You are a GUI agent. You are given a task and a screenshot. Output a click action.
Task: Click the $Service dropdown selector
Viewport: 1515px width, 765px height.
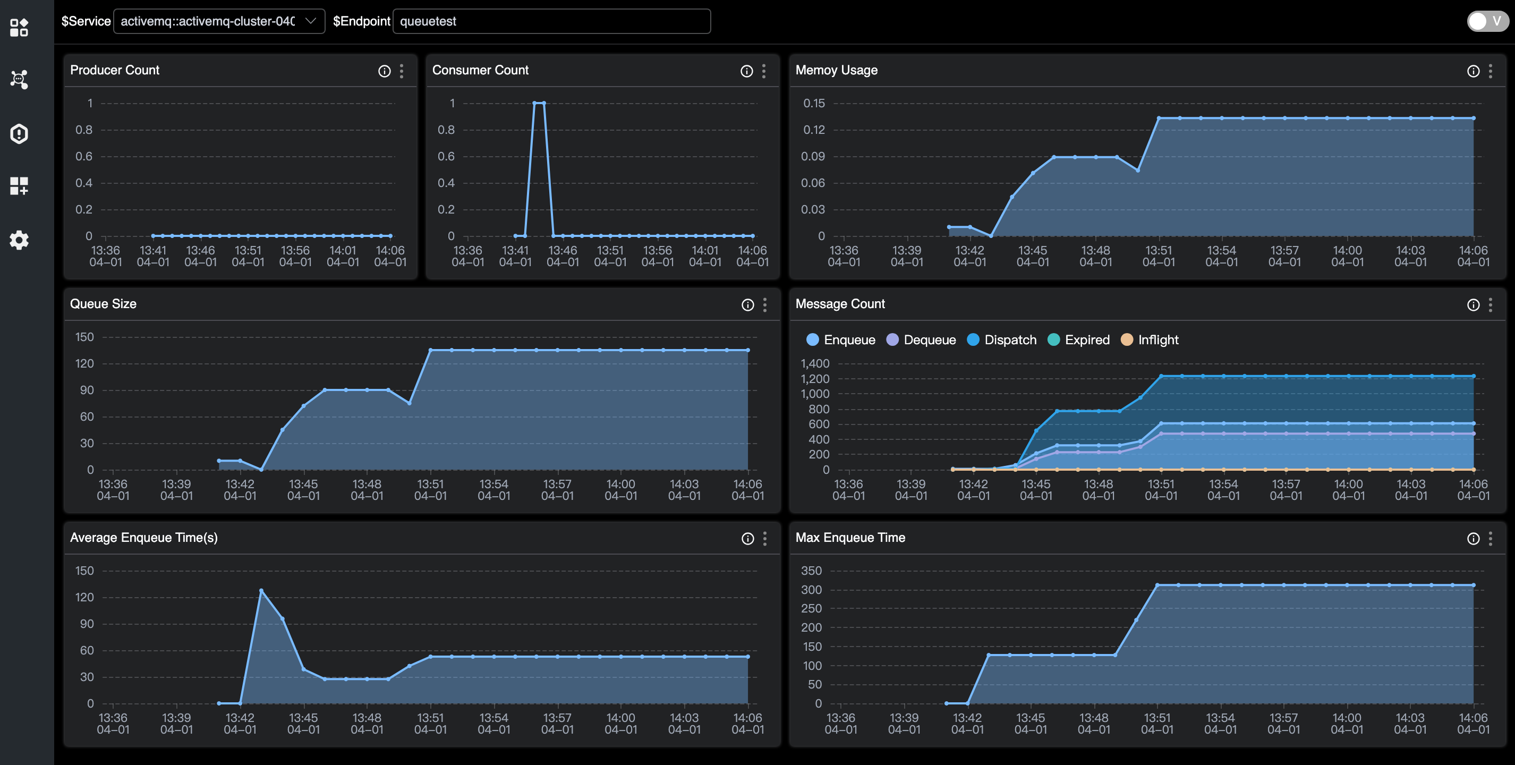point(218,21)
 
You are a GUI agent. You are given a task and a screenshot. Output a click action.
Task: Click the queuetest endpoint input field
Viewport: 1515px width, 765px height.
point(551,21)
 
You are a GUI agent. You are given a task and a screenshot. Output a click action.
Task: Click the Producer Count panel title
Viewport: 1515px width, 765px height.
point(115,70)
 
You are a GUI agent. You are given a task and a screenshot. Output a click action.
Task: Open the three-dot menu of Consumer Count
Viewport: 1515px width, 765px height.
point(763,71)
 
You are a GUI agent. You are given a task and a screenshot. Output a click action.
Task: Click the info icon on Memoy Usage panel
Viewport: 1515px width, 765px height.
point(1473,71)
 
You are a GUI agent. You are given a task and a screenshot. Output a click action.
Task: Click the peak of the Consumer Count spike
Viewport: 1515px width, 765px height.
point(539,104)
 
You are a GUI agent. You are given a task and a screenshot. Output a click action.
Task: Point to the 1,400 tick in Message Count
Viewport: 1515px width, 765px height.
point(814,363)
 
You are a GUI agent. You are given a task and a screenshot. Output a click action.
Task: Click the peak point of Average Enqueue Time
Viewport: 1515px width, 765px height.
point(261,590)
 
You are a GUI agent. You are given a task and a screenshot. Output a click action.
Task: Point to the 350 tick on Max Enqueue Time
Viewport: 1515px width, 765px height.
point(811,571)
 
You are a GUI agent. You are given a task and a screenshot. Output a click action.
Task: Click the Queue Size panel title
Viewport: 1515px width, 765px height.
point(104,304)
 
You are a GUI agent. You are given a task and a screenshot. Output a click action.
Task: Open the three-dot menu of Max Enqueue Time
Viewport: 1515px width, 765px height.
point(1490,539)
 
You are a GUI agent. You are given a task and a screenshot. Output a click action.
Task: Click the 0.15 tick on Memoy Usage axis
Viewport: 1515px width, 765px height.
point(814,104)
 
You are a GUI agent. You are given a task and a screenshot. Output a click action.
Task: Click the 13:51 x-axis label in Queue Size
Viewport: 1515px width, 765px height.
point(430,489)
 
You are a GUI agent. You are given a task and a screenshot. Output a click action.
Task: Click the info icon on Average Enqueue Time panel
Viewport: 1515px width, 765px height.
point(747,539)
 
